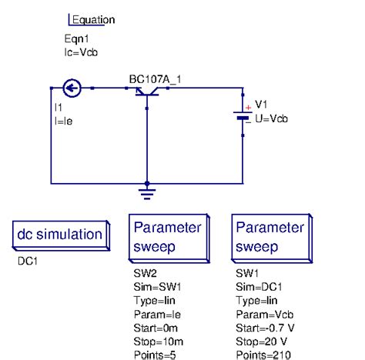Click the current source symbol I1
click(70, 89)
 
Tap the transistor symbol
click(146, 92)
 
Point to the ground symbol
click(146, 189)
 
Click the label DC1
click(28, 261)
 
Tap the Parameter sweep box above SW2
click(168, 238)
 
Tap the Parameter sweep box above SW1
click(270, 238)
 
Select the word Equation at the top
click(93, 20)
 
